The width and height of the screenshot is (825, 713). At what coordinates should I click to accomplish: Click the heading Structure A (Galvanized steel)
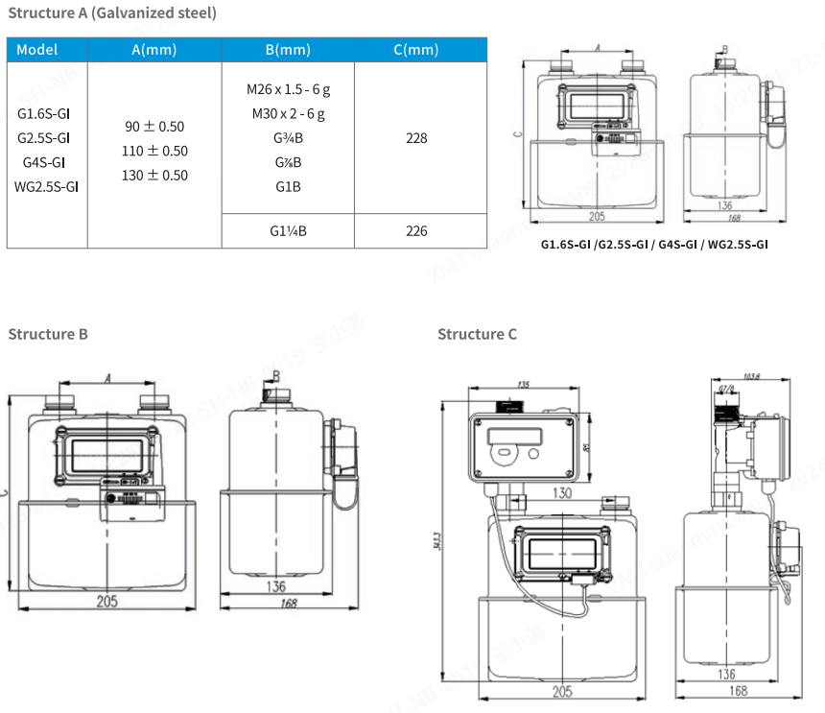(112, 13)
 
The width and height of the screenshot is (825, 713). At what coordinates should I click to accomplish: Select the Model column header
(37, 50)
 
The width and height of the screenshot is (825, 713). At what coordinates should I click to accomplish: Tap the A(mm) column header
(154, 50)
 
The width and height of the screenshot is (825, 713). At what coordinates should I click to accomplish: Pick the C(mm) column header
(416, 50)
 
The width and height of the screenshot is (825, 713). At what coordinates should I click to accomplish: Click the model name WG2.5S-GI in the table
(46, 186)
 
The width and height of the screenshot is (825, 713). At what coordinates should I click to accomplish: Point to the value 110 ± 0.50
(154, 151)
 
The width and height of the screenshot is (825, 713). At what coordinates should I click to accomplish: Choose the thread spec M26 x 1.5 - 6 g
(288, 89)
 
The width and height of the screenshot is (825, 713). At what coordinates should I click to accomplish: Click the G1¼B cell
(288, 231)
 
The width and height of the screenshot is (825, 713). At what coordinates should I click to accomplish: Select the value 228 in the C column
(416, 138)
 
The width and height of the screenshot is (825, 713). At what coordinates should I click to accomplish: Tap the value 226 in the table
(416, 231)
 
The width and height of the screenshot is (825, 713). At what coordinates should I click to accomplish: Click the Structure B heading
(48, 334)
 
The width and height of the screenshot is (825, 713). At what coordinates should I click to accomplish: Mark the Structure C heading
(477, 334)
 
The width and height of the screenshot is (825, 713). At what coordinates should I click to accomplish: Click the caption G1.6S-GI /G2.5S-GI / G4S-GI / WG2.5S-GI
(654, 245)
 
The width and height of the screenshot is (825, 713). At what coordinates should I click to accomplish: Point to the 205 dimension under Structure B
(107, 601)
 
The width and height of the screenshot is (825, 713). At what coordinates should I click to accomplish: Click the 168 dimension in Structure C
(738, 691)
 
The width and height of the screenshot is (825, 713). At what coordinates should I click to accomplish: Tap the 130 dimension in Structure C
(562, 493)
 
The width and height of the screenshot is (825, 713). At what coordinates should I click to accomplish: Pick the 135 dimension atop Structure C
(523, 385)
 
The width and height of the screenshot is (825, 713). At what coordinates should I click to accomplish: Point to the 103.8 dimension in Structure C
(751, 377)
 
